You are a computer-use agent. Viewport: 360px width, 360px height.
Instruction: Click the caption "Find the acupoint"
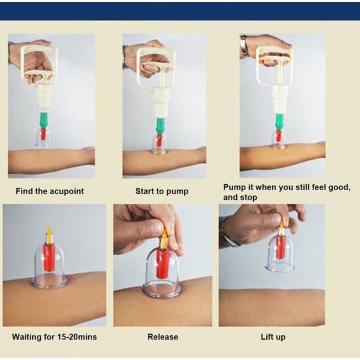[x=50, y=191]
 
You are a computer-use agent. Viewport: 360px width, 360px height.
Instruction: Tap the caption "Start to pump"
[x=162, y=191]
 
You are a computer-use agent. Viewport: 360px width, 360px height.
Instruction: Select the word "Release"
[x=163, y=337]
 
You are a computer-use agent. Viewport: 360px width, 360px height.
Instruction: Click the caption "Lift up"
[x=273, y=337]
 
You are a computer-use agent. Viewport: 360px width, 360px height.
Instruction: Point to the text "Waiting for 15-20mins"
[x=54, y=337]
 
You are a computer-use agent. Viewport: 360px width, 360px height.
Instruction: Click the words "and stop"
[x=240, y=197]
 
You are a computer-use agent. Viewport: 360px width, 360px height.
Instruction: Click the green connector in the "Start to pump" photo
[x=161, y=126]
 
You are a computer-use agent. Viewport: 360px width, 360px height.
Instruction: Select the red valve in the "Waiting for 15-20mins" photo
[x=49, y=257]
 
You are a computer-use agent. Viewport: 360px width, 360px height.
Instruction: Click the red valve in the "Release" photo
[x=163, y=263]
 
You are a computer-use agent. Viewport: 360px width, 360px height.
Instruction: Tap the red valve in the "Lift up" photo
[x=281, y=247]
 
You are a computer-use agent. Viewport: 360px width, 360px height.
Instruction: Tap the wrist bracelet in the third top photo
[x=244, y=46]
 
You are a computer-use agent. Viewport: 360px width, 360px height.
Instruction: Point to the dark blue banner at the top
[x=180, y=11]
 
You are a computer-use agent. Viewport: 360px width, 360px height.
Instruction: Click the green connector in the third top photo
[x=280, y=121]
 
